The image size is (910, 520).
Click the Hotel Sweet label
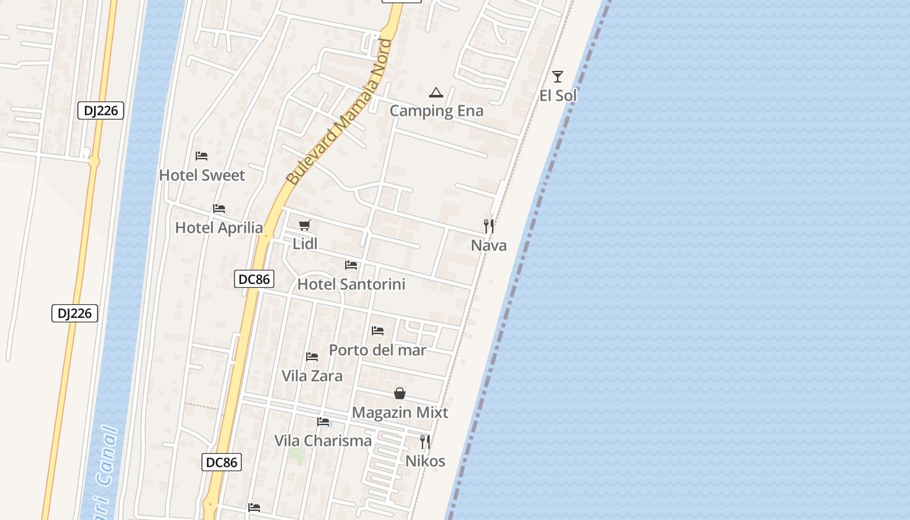[x=202, y=175]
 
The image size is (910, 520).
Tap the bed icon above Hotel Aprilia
[x=219, y=209]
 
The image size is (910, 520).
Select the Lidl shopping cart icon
[x=304, y=225]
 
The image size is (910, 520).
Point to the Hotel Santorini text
[x=351, y=284]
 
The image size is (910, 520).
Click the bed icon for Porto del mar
[x=378, y=331]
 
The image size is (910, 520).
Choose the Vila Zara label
[x=312, y=376]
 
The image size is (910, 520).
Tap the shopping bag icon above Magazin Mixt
[x=400, y=393]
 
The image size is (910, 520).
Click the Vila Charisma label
[x=323, y=441]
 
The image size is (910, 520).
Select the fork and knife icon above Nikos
[x=425, y=442]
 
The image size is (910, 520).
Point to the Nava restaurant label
[x=489, y=245]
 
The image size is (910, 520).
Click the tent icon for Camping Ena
[x=436, y=92]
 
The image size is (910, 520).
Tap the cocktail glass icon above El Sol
[x=558, y=76]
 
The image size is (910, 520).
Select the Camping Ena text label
[x=437, y=110]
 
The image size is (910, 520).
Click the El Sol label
[x=558, y=96]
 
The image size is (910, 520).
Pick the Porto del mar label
[x=378, y=350]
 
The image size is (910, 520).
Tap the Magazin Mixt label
[x=400, y=412]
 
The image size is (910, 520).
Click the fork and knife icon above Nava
[x=489, y=226]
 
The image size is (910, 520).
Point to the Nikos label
[x=425, y=461]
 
